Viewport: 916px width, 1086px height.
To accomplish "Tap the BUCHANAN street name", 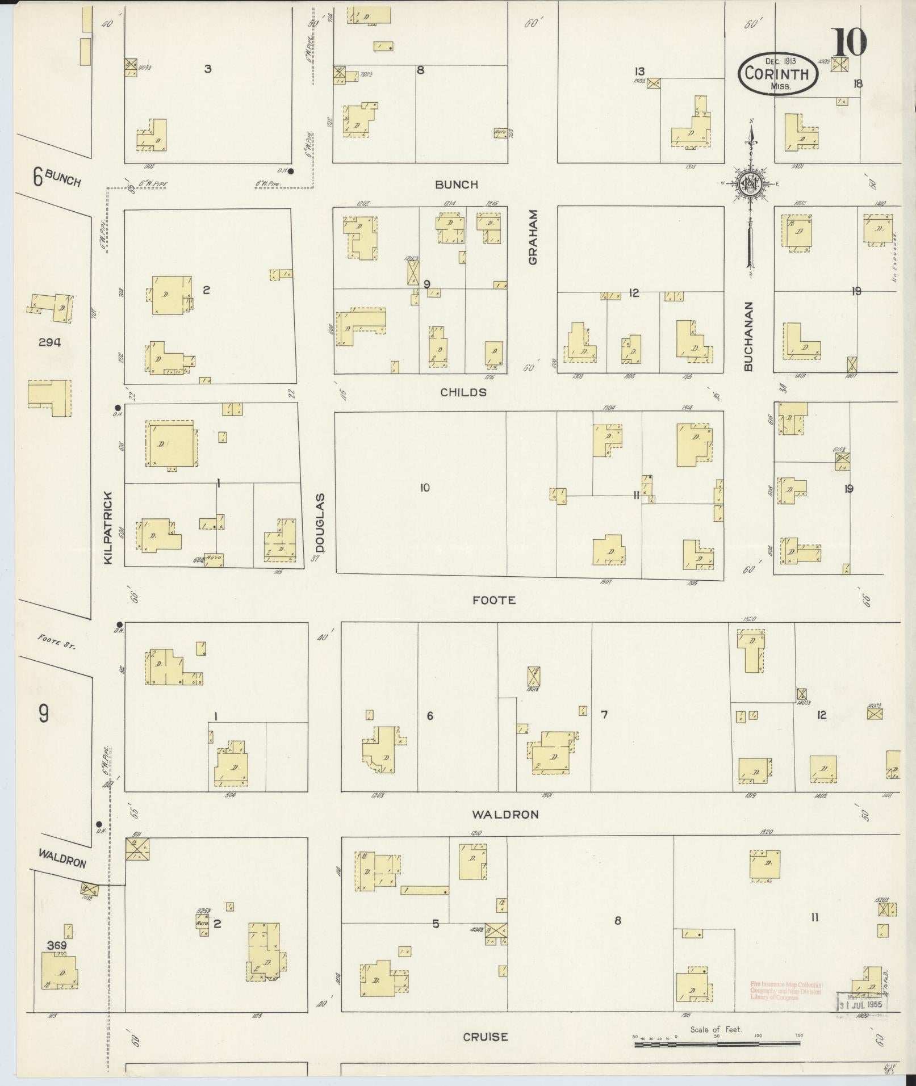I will pyautogui.click(x=748, y=336).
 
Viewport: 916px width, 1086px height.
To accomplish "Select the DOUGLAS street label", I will pyautogui.click(x=320, y=523).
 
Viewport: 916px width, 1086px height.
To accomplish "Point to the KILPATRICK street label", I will pyautogui.click(x=109, y=527).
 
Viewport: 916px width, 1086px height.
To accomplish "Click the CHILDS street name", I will pyautogui.click(x=464, y=392).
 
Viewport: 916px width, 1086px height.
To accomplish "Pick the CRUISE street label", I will pyautogui.click(x=485, y=1037).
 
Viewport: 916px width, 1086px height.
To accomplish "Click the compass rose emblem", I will pyautogui.click(x=750, y=183).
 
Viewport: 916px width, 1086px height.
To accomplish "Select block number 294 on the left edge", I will pyautogui.click(x=50, y=342).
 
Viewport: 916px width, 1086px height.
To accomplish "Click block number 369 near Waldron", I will pyautogui.click(x=57, y=945).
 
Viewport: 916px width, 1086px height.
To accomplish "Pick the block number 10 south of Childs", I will pyautogui.click(x=425, y=487).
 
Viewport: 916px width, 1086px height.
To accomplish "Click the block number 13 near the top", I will pyautogui.click(x=640, y=72).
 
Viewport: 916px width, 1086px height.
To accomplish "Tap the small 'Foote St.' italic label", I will pyautogui.click(x=57, y=641).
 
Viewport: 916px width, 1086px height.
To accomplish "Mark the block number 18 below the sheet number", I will pyautogui.click(x=858, y=83).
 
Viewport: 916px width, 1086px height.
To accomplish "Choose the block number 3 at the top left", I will pyautogui.click(x=208, y=69).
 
